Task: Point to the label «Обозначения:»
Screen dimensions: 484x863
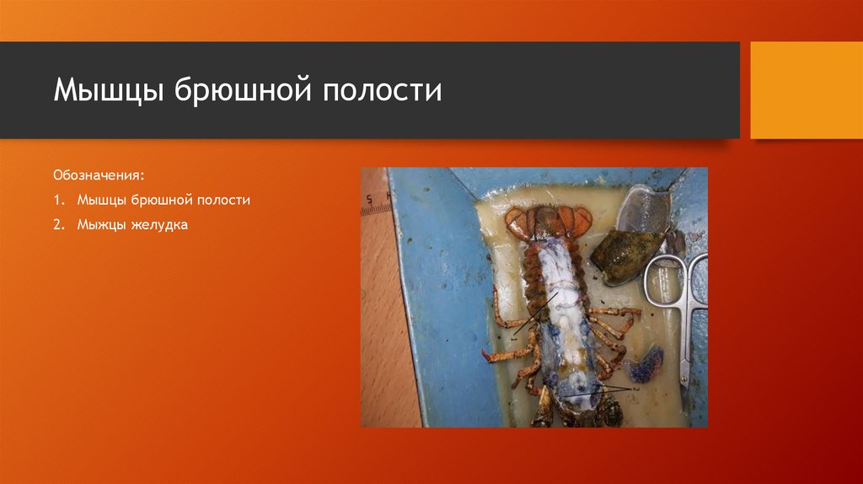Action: pyautogui.click(x=99, y=176)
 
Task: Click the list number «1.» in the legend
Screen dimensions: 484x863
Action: pyautogui.click(x=60, y=201)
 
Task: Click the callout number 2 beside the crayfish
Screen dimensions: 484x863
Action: pyautogui.click(x=636, y=389)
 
